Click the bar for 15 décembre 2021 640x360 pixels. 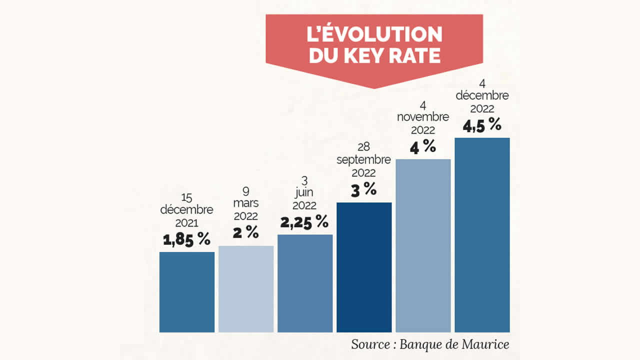tap(187, 292)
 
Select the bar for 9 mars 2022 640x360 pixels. tap(246, 289)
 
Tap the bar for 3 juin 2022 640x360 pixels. tap(305, 283)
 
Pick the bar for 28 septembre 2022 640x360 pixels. tap(364, 267)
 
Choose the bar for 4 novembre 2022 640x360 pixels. tap(423, 245)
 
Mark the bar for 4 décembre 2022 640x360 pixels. tap(482, 235)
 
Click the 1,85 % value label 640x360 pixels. tap(187, 239)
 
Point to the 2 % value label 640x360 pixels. tap(246, 232)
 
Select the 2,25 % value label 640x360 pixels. tap(304, 221)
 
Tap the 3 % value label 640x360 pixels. tap(363, 190)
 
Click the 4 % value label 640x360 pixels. tap(423, 147)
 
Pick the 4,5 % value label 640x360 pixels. tap(482, 125)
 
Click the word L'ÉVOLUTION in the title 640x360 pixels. tap(374, 34)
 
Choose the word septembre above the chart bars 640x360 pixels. tap(363, 160)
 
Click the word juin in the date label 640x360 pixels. tap(304, 193)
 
